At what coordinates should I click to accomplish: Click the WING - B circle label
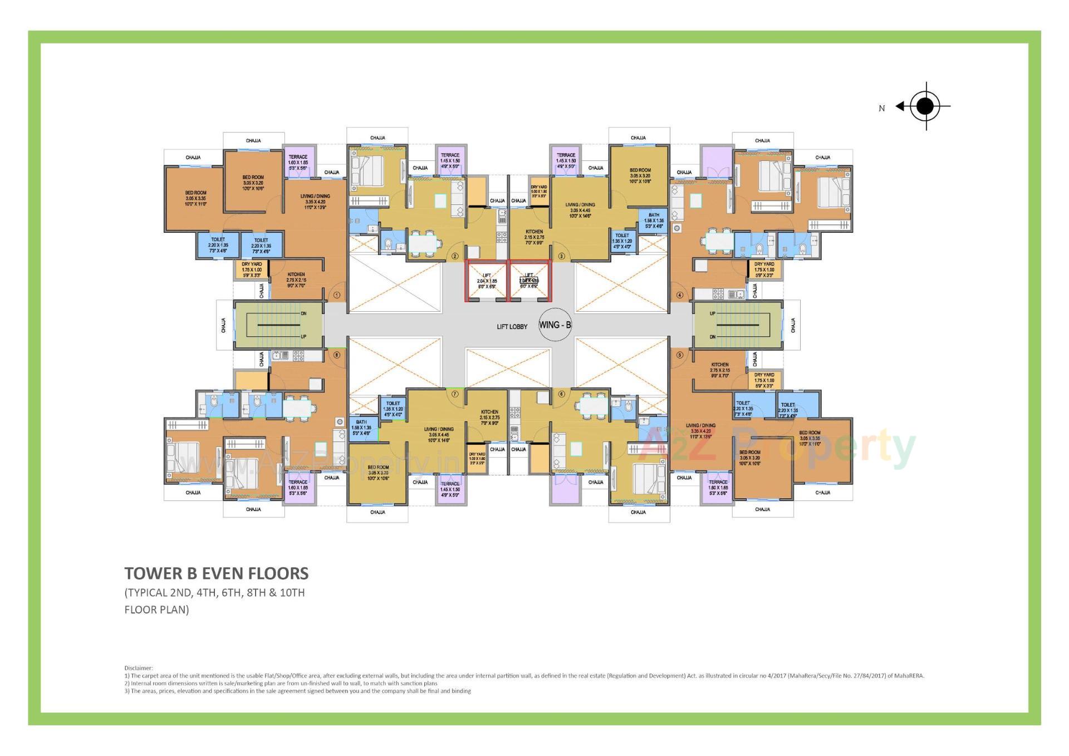555,325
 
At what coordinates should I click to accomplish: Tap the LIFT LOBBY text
512,327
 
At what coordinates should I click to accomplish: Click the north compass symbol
925,106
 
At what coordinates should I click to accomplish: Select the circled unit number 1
337,295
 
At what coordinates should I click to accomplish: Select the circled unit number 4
679,295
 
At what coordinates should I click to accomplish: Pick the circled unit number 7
455,394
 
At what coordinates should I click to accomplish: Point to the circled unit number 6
561,394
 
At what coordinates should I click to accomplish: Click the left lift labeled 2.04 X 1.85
487,281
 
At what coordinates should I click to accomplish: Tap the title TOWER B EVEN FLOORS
216,573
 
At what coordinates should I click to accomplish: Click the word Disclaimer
138,668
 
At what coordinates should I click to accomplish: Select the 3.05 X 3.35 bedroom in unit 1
195,199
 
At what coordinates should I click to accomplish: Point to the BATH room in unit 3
654,220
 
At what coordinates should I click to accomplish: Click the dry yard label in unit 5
764,380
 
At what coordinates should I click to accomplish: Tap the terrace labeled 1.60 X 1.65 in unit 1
298,162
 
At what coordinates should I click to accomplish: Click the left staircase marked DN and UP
278,325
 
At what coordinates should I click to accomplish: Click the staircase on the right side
738,325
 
